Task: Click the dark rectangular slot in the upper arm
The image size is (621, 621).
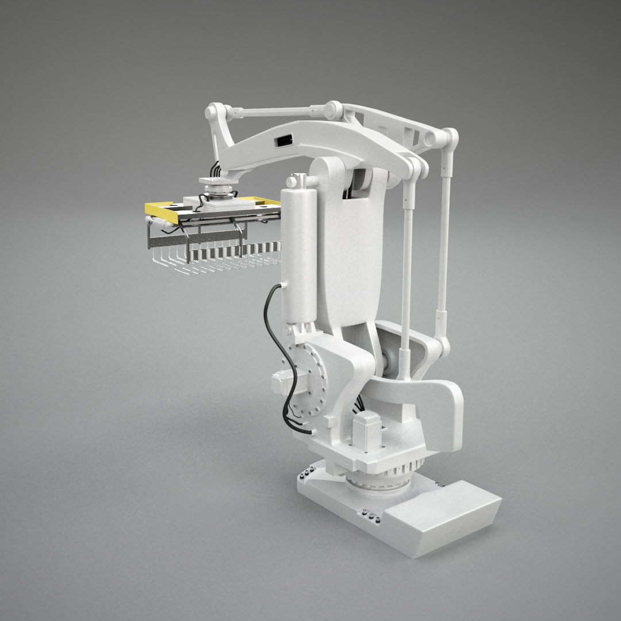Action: (x=284, y=140)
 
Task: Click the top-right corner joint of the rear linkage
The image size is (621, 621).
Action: (x=450, y=137)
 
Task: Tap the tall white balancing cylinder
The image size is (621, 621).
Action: (x=299, y=253)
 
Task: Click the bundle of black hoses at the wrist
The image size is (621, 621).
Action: (x=216, y=170)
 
